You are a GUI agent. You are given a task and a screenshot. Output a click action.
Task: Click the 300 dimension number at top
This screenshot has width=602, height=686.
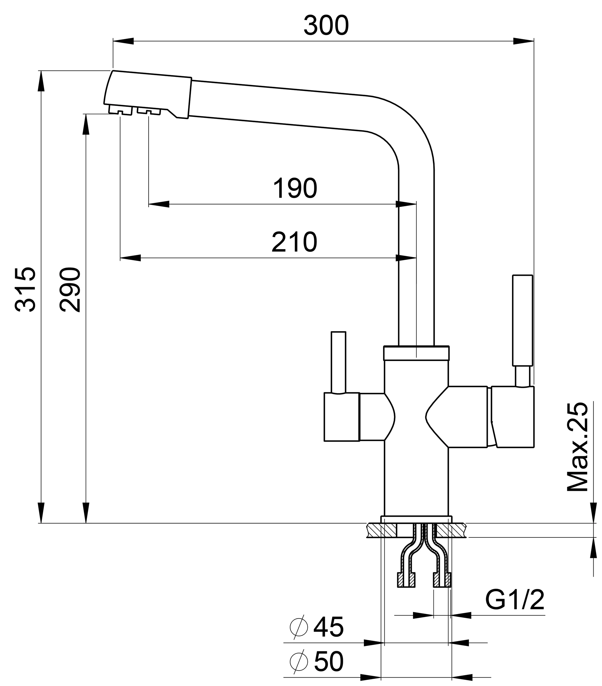click(326, 26)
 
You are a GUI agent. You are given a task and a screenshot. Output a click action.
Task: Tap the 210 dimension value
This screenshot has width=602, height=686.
click(294, 242)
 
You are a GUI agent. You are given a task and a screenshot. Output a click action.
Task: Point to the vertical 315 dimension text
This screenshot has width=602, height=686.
click(25, 289)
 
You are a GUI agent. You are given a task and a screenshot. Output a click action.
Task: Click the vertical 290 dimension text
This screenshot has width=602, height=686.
click(70, 289)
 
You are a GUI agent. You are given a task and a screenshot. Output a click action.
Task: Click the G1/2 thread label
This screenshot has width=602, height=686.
click(514, 600)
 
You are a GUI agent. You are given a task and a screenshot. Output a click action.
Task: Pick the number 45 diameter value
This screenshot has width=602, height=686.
click(328, 627)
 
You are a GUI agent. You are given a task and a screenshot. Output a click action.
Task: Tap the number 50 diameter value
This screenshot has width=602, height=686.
click(328, 662)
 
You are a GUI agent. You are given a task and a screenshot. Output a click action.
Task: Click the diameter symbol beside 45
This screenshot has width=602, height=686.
click(299, 627)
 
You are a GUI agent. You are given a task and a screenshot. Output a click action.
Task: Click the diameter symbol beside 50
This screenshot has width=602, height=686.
click(299, 662)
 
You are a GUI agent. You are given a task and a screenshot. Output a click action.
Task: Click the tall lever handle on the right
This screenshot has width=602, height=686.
click(522, 320)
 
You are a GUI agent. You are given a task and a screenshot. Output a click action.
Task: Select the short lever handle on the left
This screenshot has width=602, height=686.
click(338, 362)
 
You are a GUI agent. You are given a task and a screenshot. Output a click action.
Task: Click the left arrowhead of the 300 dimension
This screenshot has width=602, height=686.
click(123, 41)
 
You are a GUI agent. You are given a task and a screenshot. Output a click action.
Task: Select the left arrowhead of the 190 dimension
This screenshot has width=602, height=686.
click(159, 204)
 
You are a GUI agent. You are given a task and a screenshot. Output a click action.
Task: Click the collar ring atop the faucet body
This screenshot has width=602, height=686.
click(416, 353)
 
